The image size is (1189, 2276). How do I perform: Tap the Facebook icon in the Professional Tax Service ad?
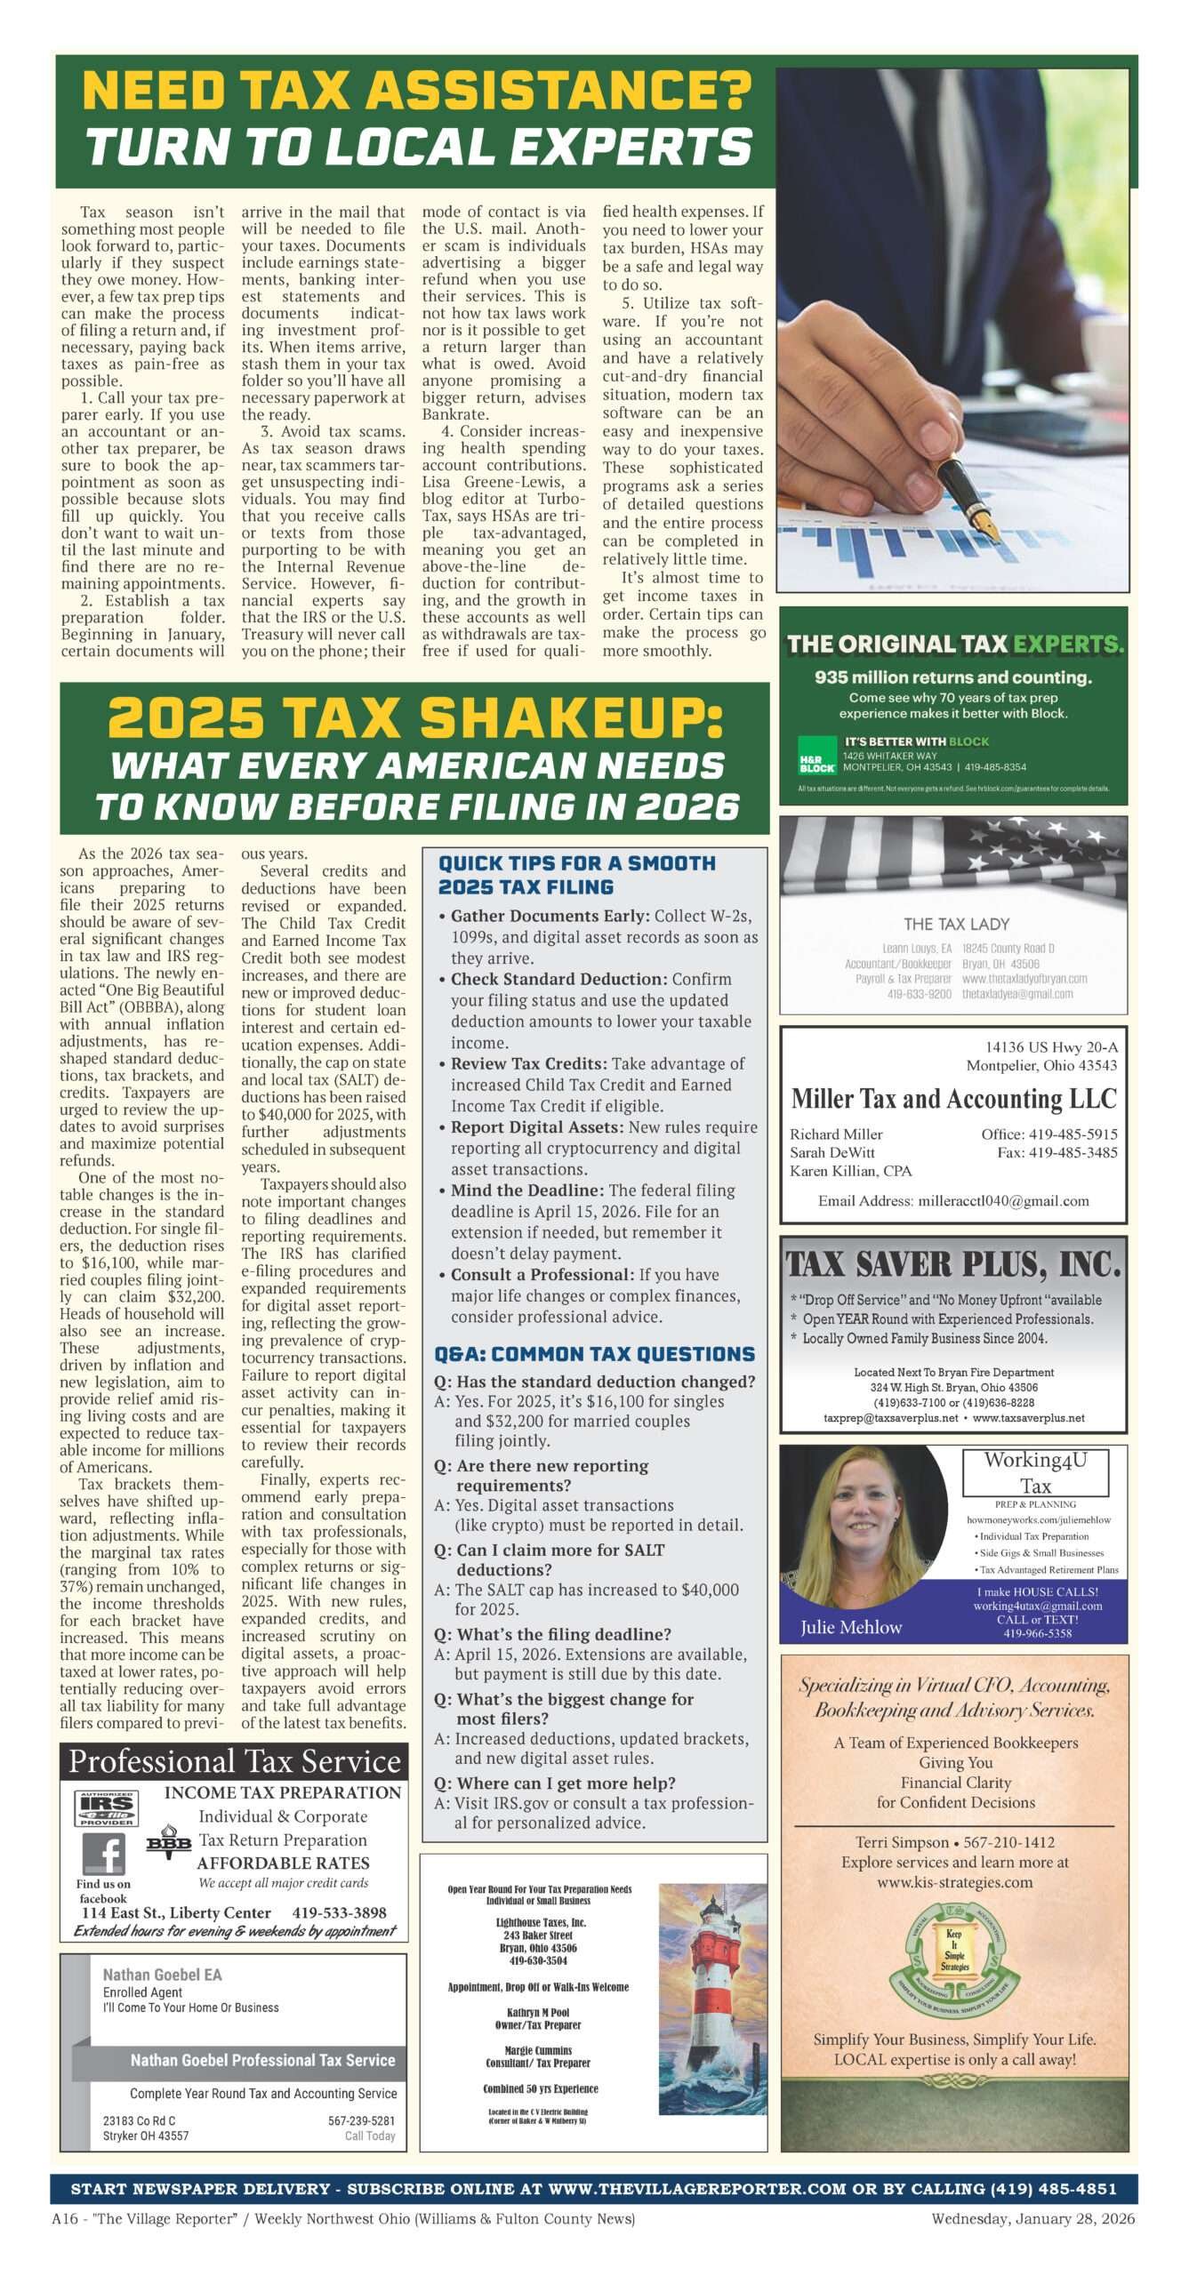click(104, 1855)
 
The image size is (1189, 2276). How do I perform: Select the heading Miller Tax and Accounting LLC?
click(953, 1099)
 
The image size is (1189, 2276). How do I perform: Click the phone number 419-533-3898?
click(339, 1912)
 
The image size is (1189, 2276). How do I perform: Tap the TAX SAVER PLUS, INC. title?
click(953, 1263)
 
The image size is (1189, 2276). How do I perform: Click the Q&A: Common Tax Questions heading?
click(594, 1354)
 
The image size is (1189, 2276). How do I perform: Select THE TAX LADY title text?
click(956, 924)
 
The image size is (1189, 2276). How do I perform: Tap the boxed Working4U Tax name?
click(1035, 1472)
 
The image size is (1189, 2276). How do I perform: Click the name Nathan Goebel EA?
click(162, 1975)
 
